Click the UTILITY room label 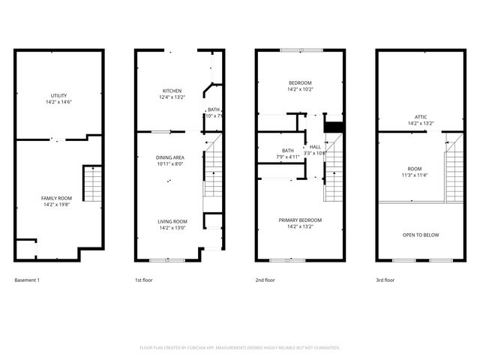(x=59, y=96)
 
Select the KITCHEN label (x=172, y=91)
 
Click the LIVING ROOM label (x=172, y=221)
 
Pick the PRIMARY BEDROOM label (x=300, y=220)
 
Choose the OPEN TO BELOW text (x=421, y=235)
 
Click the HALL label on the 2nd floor (x=315, y=146)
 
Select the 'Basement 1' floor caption (x=27, y=280)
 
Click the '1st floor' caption (x=144, y=280)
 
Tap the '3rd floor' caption (x=385, y=280)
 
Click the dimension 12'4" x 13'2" (x=172, y=97)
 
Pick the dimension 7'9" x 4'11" (x=288, y=157)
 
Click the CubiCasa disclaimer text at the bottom (x=240, y=347)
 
